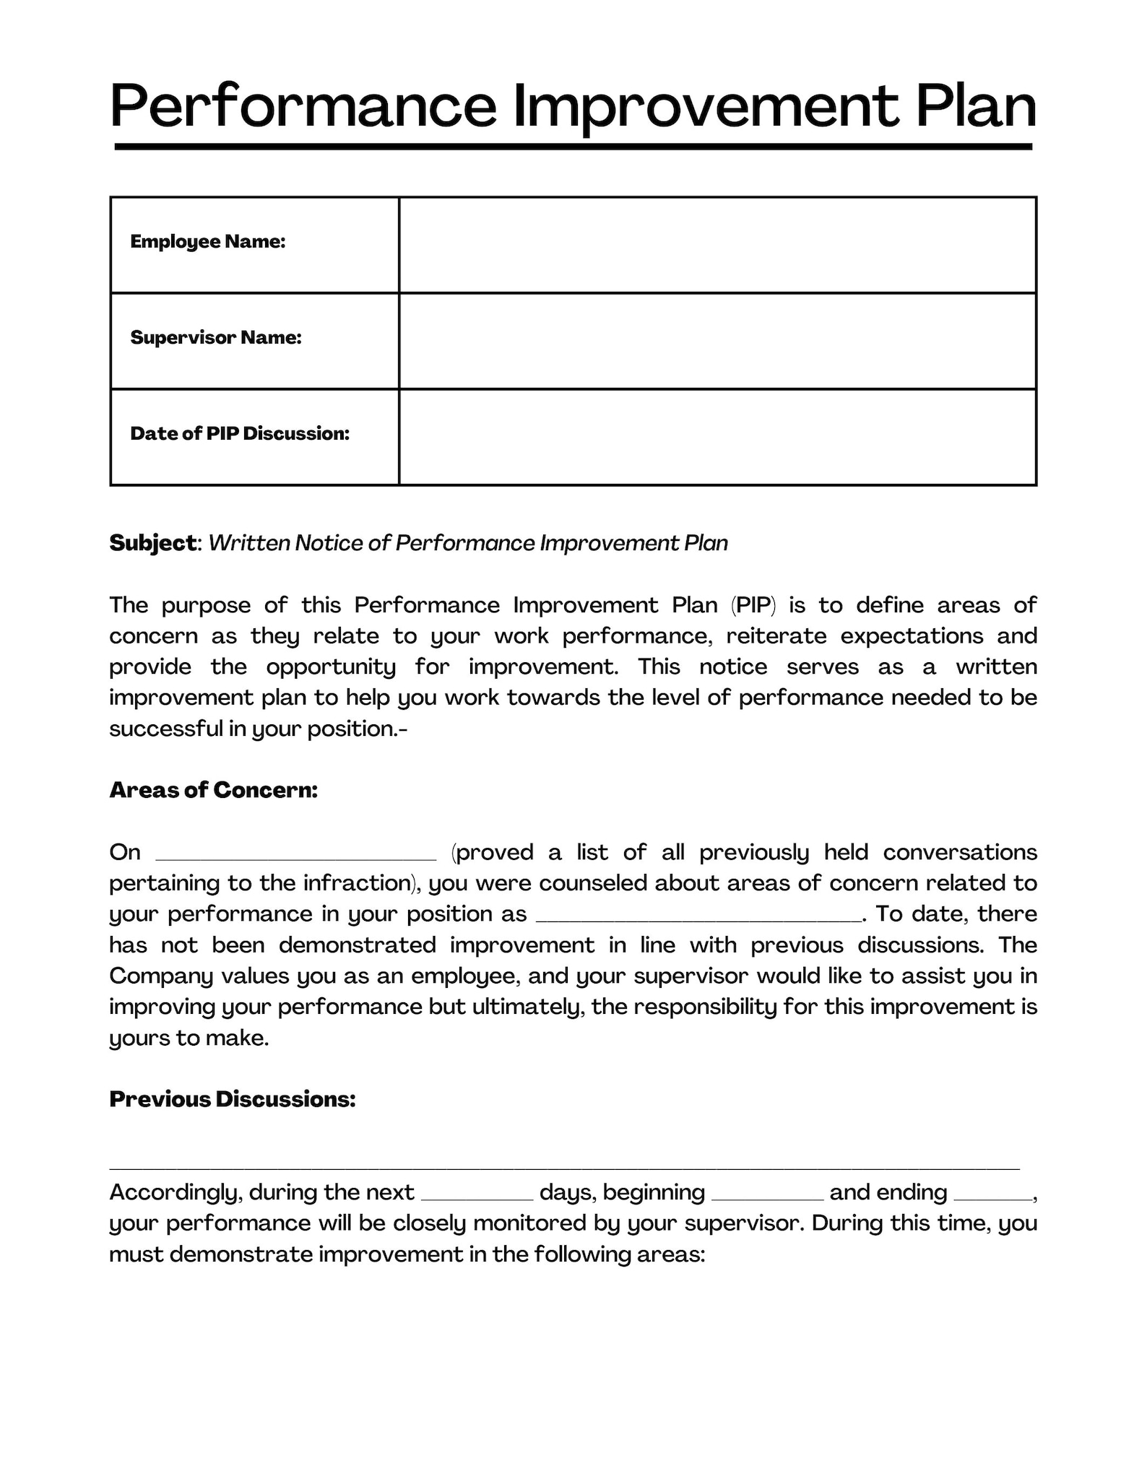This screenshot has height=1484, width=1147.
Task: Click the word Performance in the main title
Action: (x=303, y=107)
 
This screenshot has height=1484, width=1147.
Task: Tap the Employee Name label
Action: (x=208, y=242)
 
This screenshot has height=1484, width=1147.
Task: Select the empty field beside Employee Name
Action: (x=717, y=245)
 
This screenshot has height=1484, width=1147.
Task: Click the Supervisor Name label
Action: (x=216, y=338)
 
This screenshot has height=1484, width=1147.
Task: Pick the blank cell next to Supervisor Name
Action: (x=717, y=341)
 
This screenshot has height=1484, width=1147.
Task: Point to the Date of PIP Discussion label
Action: (x=240, y=434)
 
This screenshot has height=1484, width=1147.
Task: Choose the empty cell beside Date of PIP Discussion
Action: (x=717, y=437)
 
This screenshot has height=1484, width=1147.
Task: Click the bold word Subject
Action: (x=152, y=543)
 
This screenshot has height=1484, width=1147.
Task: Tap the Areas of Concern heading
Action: (x=214, y=791)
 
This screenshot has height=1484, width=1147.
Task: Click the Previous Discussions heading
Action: (x=233, y=1100)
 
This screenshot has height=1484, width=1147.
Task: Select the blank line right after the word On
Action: (x=296, y=856)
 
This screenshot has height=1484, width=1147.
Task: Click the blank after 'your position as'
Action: (x=698, y=918)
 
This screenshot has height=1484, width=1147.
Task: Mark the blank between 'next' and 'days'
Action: (x=477, y=1196)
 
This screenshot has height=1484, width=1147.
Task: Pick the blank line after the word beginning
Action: (x=767, y=1196)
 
